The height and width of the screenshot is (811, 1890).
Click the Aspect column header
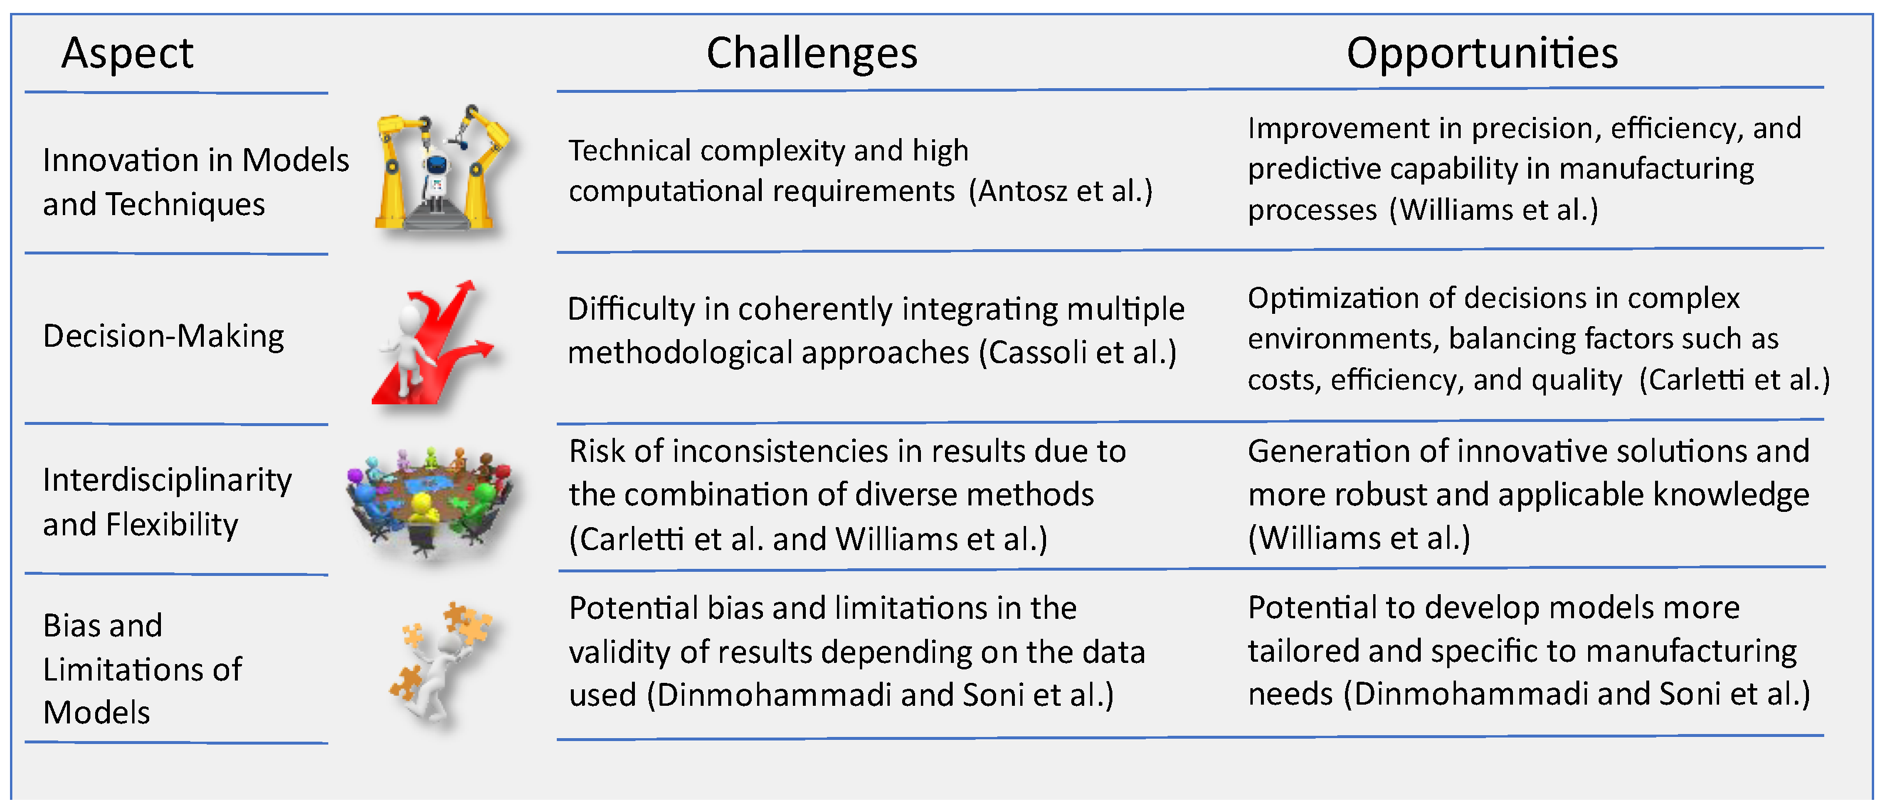127,53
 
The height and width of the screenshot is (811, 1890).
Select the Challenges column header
812,53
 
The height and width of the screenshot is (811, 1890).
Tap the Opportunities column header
1482,53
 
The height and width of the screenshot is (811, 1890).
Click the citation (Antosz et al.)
1061,191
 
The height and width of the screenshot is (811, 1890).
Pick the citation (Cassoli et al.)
1078,352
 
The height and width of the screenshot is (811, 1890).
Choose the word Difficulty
631,310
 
